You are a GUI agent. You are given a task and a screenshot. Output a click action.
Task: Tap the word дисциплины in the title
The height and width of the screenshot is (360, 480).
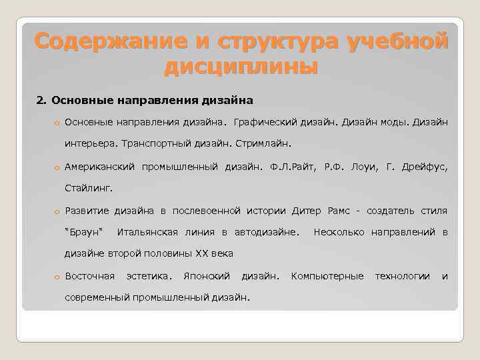[240, 67]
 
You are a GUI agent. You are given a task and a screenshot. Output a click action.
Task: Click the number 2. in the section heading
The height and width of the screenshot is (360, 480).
[41, 101]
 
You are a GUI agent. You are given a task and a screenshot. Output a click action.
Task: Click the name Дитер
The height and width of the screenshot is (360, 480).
[307, 211]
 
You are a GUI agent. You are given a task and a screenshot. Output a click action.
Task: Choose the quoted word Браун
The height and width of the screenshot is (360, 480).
[83, 232]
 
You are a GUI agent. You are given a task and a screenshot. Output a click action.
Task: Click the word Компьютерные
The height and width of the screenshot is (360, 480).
[327, 276]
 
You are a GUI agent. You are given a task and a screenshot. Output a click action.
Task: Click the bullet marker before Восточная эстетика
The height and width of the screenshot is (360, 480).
[58, 277]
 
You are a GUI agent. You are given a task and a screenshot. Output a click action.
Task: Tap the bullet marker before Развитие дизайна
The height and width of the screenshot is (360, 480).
[58, 212]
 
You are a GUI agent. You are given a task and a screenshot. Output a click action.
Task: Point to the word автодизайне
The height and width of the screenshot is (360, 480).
[265, 232]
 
